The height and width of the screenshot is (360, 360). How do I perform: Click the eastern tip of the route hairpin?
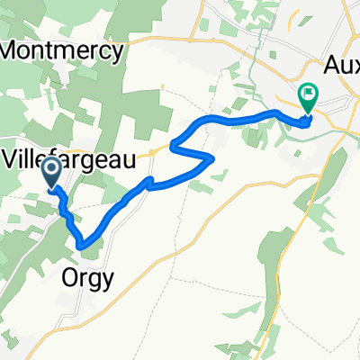click(x=212, y=159)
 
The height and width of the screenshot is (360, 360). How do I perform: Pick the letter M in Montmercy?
click(x=12, y=50)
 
